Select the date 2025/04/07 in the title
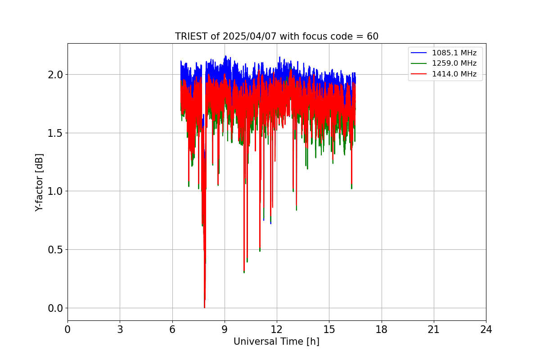(250, 36)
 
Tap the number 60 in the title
(373, 36)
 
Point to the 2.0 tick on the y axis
(55, 75)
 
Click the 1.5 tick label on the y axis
(55, 133)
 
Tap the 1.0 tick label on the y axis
(55, 191)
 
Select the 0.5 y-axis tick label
(55, 250)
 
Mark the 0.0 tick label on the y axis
(55, 308)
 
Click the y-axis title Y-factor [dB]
(39, 182)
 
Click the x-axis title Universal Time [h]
(276, 342)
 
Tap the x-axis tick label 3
(120, 329)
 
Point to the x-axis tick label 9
(225, 329)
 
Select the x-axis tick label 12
(277, 329)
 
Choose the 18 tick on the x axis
(382, 329)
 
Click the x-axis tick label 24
(486, 329)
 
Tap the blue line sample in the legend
(419, 53)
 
